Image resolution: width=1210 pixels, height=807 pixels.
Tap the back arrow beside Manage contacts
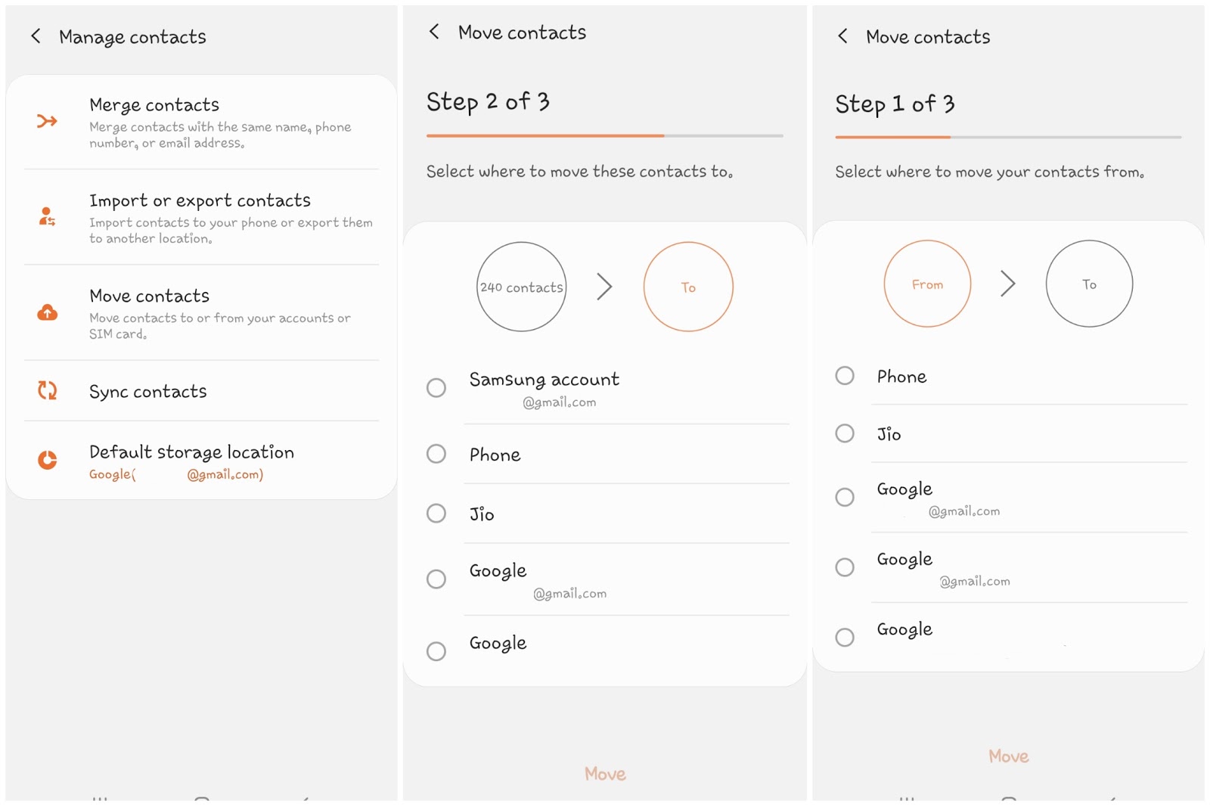coord(36,37)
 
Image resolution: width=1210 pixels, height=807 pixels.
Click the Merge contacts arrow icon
coord(47,121)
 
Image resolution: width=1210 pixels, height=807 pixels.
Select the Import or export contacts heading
coord(200,200)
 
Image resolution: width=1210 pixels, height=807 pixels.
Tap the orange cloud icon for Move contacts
coord(48,312)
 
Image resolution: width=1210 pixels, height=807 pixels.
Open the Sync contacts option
coord(148,391)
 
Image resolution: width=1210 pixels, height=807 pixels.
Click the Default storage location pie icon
coord(48,460)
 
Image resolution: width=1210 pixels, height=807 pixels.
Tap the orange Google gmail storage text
coord(176,474)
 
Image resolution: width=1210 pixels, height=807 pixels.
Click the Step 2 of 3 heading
coord(488,101)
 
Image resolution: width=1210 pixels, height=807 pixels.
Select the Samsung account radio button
coord(436,387)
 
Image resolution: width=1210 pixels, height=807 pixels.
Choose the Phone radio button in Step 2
coord(436,454)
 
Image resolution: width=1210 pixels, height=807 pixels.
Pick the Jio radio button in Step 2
coord(436,513)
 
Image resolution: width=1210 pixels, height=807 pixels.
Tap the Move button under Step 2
coord(605,774)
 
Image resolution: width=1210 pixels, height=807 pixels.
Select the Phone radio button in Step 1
coord(845,375)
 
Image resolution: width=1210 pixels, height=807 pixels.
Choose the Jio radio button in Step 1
coord(845,433)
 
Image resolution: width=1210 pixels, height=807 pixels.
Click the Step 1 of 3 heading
coord(895,104)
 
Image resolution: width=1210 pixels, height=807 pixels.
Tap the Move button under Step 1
coord(1009,756)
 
